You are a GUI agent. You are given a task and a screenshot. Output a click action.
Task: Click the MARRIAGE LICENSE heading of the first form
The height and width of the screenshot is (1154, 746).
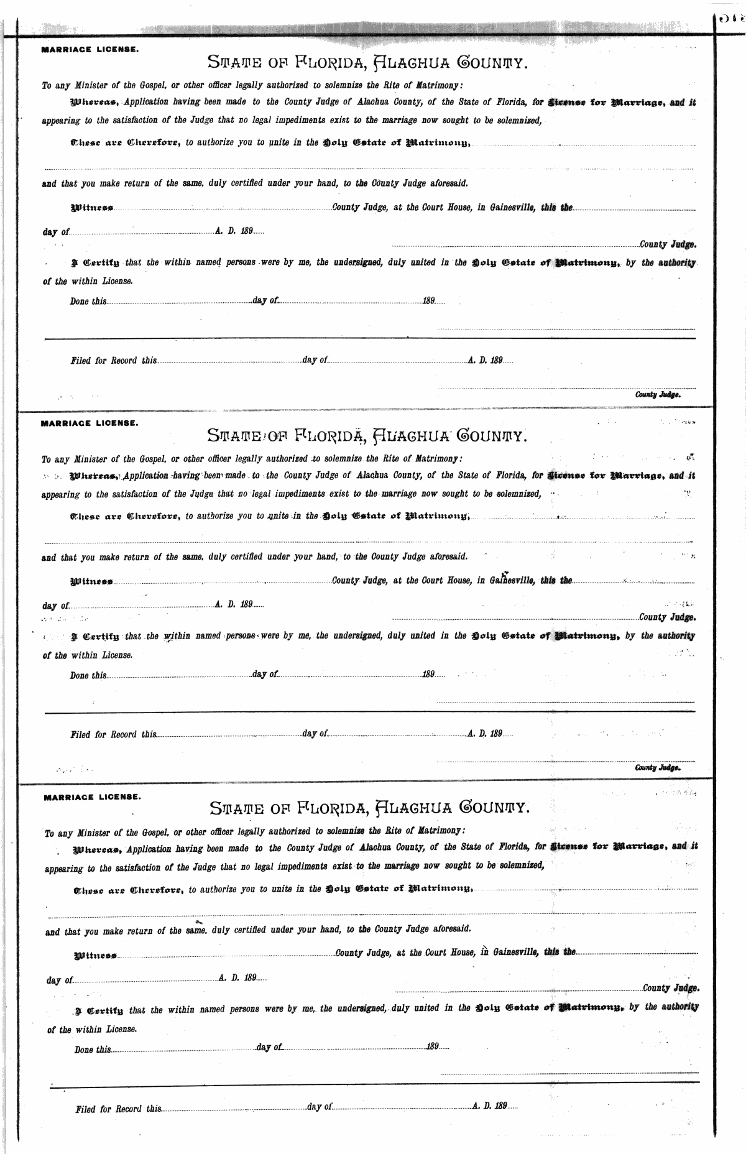[90, 49]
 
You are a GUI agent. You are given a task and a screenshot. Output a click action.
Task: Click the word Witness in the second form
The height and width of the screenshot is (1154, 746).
[92, 582]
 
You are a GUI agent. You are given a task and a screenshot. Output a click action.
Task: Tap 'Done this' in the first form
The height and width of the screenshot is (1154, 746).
[88, 301]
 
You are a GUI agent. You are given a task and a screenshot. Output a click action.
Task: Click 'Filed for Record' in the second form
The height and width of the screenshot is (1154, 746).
[104, 734]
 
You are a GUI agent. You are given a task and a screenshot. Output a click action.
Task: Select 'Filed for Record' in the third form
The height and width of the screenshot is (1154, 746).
[109, 1109]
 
